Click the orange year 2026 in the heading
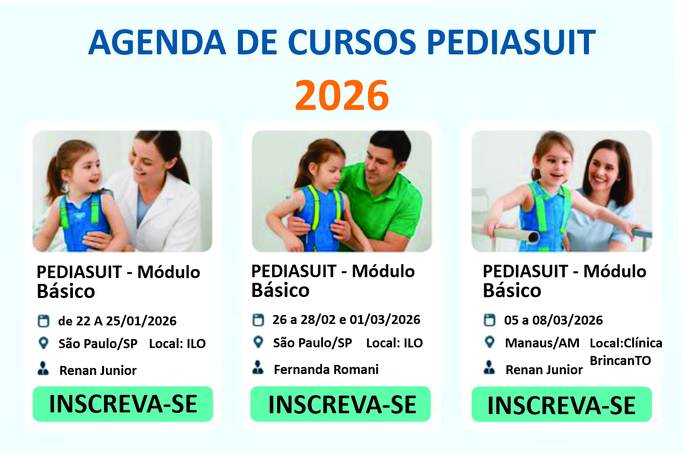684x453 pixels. click(341, 95)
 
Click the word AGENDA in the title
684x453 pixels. click(157, 42)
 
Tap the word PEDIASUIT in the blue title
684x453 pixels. click(511, 42)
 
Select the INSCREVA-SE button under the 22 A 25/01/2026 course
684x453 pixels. click(123, 404)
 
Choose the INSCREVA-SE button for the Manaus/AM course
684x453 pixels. click(562, 404)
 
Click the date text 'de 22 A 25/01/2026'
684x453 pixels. click(117, 321)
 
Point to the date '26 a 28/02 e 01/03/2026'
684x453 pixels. click(346, 320)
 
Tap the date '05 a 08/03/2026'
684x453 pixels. click(553, 320)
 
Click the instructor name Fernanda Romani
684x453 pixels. click(326, 369)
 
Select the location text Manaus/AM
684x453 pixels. click(542, 343)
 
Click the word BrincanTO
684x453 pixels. click(620, 361)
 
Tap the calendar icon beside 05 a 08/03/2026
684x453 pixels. click(489, 320)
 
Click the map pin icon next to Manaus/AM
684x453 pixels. click(490, 342)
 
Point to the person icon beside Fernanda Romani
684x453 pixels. click(258, 367)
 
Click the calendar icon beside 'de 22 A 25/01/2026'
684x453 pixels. click(43, 321)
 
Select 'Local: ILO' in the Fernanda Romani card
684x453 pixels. click(394, 343)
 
